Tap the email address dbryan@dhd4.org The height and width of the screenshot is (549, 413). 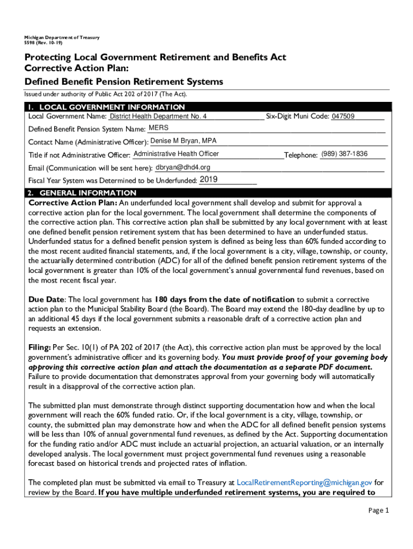183,167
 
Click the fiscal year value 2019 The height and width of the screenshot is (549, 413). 208,180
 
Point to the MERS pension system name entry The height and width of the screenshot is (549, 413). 158,128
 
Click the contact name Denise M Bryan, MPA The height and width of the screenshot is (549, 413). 183,141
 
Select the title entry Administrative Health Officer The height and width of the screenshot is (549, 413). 176,154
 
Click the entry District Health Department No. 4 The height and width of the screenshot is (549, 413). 158,116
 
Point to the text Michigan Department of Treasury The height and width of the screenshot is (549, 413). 57,38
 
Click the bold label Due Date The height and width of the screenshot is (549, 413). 46,299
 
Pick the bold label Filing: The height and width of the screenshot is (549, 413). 40,348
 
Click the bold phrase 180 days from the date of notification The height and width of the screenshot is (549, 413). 224,299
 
